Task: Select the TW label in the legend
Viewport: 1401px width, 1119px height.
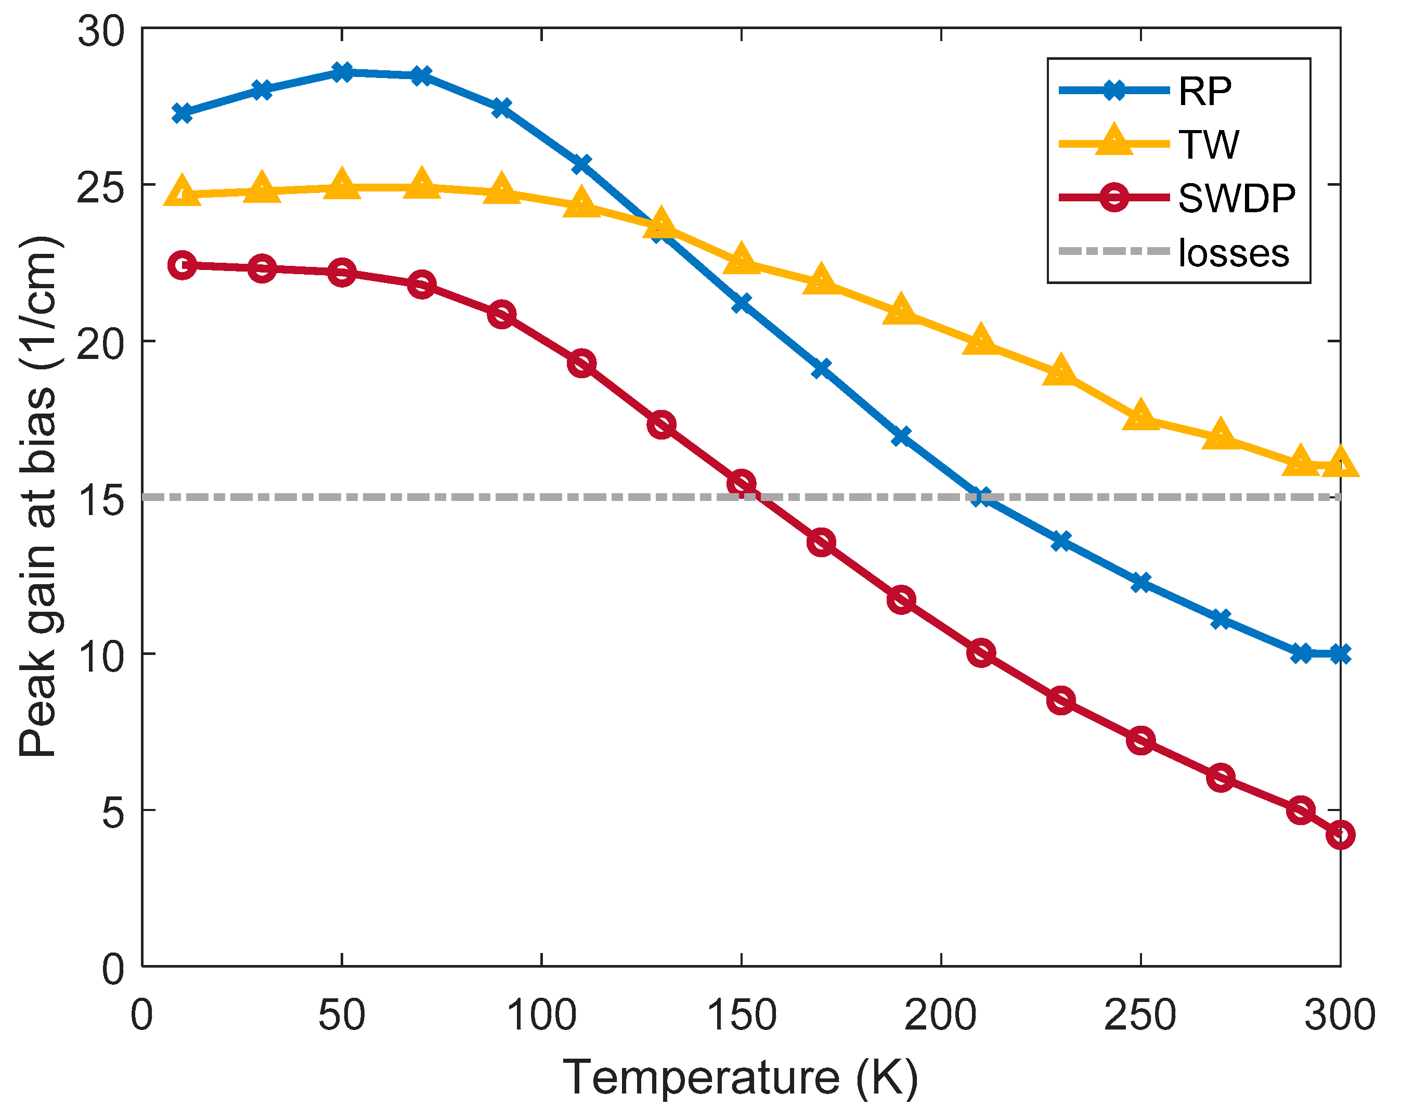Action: [1208, 144]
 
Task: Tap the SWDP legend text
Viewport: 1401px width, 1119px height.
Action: [1237, 198]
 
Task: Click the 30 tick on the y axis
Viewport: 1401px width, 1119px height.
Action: [101, 31]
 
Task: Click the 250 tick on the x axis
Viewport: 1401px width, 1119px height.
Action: [1140, 1015]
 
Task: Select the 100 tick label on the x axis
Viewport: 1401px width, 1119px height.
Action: [541, 1015]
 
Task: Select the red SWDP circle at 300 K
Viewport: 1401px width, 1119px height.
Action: [1340, 834]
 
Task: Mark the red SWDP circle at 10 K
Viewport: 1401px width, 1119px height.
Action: [183, 265]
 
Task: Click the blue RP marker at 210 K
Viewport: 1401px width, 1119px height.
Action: [981, 497]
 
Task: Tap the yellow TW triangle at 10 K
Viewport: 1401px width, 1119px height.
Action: [183, 191]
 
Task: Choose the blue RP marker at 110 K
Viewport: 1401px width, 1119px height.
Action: [581, 163]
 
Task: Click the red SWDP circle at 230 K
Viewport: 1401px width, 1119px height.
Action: [1061, 700]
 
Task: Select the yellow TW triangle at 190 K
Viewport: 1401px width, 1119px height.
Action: [901, 311]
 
